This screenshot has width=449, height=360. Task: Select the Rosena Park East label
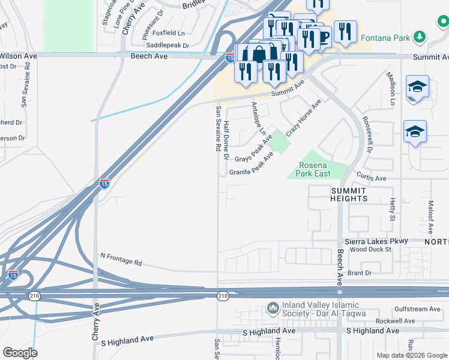click(315, 170)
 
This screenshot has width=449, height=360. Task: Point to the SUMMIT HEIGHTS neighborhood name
click(348, 194)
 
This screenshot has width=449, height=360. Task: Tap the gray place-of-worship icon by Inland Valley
click(273, 308)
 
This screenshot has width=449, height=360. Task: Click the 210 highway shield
click(223, 296)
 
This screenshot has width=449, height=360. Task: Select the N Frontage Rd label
click(121, 259)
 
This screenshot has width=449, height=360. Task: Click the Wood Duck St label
click(370, 249)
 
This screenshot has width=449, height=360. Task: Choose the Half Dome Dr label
click(226, 139)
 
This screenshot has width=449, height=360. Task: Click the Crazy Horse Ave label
click(304, 118)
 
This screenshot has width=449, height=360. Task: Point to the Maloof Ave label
click(431, 217)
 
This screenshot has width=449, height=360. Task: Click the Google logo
click(20, 353)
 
